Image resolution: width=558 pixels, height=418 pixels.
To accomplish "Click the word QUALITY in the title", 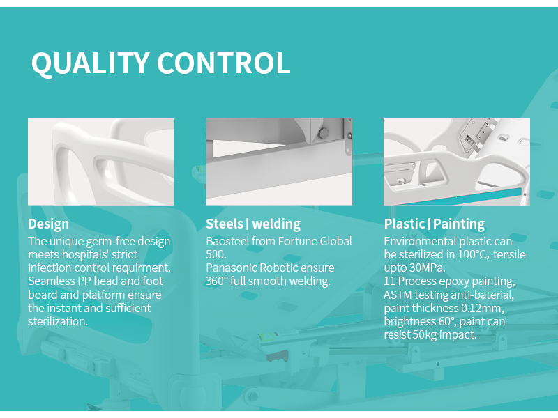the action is click(91, 63).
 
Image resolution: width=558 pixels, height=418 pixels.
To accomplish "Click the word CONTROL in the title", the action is click(224, 63).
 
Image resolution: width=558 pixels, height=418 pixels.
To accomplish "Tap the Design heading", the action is click(48, 224).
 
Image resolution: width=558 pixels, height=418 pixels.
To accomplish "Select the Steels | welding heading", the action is click(253, 224).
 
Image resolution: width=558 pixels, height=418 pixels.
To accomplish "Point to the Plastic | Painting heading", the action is click(434, 224).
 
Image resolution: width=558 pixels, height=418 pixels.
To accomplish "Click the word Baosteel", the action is click(227, 241).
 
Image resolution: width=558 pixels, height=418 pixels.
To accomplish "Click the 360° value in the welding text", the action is click(216, 281).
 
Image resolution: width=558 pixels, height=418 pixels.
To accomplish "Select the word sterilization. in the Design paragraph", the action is click(58, 321).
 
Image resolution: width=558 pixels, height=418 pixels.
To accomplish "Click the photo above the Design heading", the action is click(101, 162).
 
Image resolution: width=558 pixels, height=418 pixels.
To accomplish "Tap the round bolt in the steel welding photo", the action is click(324, 134).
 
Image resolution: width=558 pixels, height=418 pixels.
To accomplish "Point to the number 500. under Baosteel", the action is click(216, 254).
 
